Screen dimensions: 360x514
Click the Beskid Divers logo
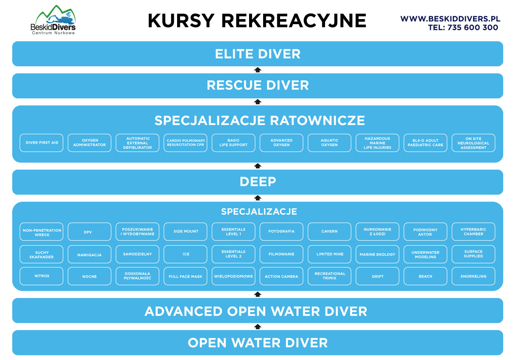(53, 20)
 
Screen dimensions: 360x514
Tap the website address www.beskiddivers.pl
(450, 19)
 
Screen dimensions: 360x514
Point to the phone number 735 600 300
(473, 28)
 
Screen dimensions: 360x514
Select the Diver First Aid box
(41, 143)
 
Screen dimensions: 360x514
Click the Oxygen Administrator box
(89, 143)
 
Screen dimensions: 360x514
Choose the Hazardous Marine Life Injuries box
(377, 143)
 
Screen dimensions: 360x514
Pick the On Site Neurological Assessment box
(473, 143)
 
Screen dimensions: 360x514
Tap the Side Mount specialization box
(185, 231)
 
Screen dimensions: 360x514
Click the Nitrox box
(41, 276)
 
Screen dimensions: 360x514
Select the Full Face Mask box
(185, 276)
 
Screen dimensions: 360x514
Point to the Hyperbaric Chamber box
(473, 231)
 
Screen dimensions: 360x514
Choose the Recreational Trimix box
(329, 276)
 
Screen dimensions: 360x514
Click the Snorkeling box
(473, 276)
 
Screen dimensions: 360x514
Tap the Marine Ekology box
(377, 254)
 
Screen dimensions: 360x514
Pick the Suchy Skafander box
(41, 254)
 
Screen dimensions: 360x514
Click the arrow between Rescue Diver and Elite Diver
(257, 70)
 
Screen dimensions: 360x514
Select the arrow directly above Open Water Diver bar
(257, 327)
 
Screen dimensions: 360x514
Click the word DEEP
(258, 182)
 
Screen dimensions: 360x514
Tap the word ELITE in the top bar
(234, 54)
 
